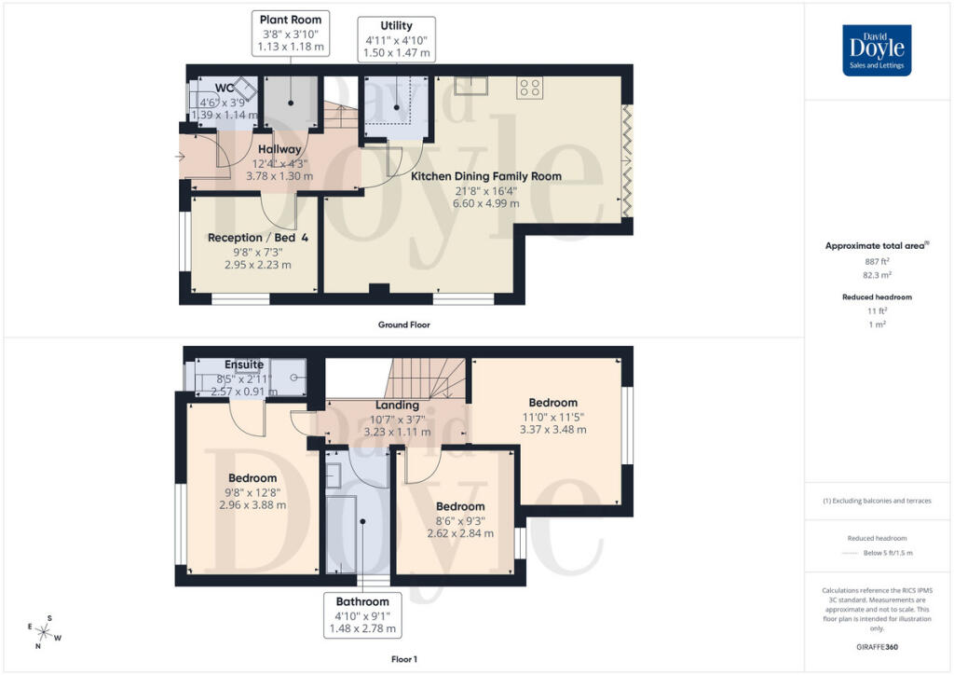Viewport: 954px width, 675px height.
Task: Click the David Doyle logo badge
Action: tap(877, 50)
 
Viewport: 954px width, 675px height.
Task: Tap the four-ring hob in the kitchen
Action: tap(530, 89)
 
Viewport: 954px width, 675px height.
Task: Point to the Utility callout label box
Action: tap(397, 39)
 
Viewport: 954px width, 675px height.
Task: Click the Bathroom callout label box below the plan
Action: tap(362, 614)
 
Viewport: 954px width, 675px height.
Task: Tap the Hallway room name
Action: tap(279, 149)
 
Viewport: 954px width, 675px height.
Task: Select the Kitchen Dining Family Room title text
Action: tap(486, 175)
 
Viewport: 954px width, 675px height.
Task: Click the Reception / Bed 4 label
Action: tap(258, 238)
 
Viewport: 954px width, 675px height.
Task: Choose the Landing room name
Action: tap(397, 406)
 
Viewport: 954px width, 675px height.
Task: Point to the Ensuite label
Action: tap(244, 365)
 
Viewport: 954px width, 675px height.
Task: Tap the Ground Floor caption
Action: tap(404, 325)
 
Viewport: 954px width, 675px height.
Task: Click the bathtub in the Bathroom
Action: tap(342, 534)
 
